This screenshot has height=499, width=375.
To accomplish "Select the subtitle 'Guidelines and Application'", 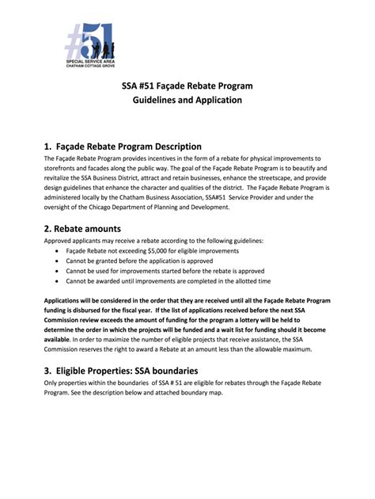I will point(187,101).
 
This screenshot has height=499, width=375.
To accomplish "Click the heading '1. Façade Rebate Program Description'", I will point(123,147).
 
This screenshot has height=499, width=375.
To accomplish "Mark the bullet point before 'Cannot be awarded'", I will point(59,280).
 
